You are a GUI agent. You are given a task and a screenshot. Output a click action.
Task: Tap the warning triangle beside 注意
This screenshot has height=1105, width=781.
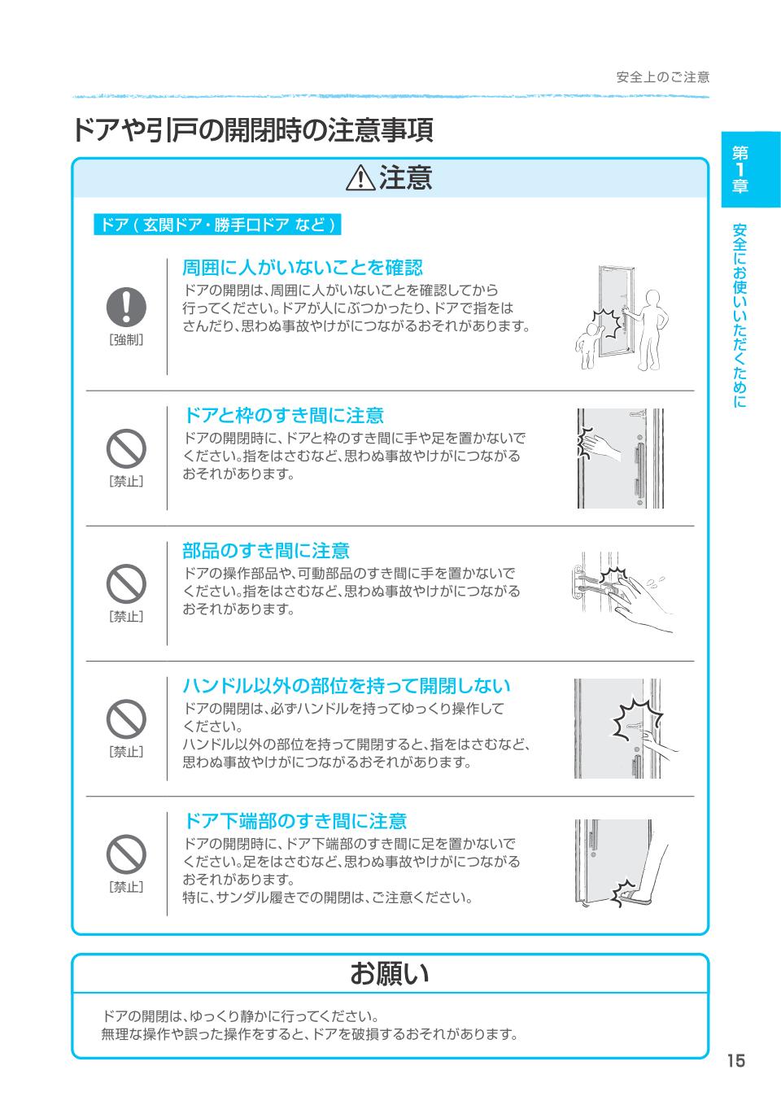click(360, 177)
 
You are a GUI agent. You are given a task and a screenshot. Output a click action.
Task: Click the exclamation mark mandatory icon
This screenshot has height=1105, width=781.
click(126, 307)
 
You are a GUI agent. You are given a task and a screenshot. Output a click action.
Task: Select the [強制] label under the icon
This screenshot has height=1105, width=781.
click(126, 340)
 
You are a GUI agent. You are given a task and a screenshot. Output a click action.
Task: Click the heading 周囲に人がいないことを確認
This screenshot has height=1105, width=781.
click(303, 268)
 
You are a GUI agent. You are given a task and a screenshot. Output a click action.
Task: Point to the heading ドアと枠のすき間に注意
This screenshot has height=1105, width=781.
click(283, 415)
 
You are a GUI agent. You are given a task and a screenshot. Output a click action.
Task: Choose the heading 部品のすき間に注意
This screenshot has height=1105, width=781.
click(266, 551)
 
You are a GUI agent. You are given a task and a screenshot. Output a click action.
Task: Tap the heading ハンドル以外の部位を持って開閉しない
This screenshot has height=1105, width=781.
click(347, 686)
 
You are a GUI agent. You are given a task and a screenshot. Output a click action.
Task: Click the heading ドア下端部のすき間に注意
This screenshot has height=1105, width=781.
click(295, 821)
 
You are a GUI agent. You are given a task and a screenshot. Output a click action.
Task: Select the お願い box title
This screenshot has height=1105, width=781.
click(390, 973)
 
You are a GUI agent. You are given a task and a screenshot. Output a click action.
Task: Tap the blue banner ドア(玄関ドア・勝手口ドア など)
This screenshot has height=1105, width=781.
click(217, 225)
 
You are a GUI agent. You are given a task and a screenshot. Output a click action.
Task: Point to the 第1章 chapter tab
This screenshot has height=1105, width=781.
click(750, 169)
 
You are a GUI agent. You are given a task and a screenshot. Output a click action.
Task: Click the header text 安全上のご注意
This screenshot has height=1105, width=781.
click(663, 77)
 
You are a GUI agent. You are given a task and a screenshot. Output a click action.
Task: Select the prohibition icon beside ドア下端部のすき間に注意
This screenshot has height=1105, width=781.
click(126, 854)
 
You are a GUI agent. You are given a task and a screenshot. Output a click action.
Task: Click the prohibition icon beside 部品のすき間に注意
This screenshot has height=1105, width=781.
click(126, 583)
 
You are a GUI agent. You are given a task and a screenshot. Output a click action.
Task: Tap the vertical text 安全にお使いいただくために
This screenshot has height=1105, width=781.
click(740, 316)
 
